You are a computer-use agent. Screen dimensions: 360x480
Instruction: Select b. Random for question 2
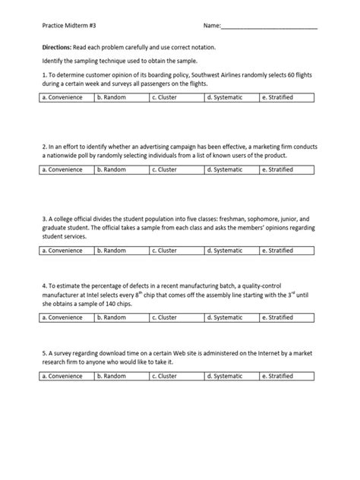(x=112, y=169)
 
